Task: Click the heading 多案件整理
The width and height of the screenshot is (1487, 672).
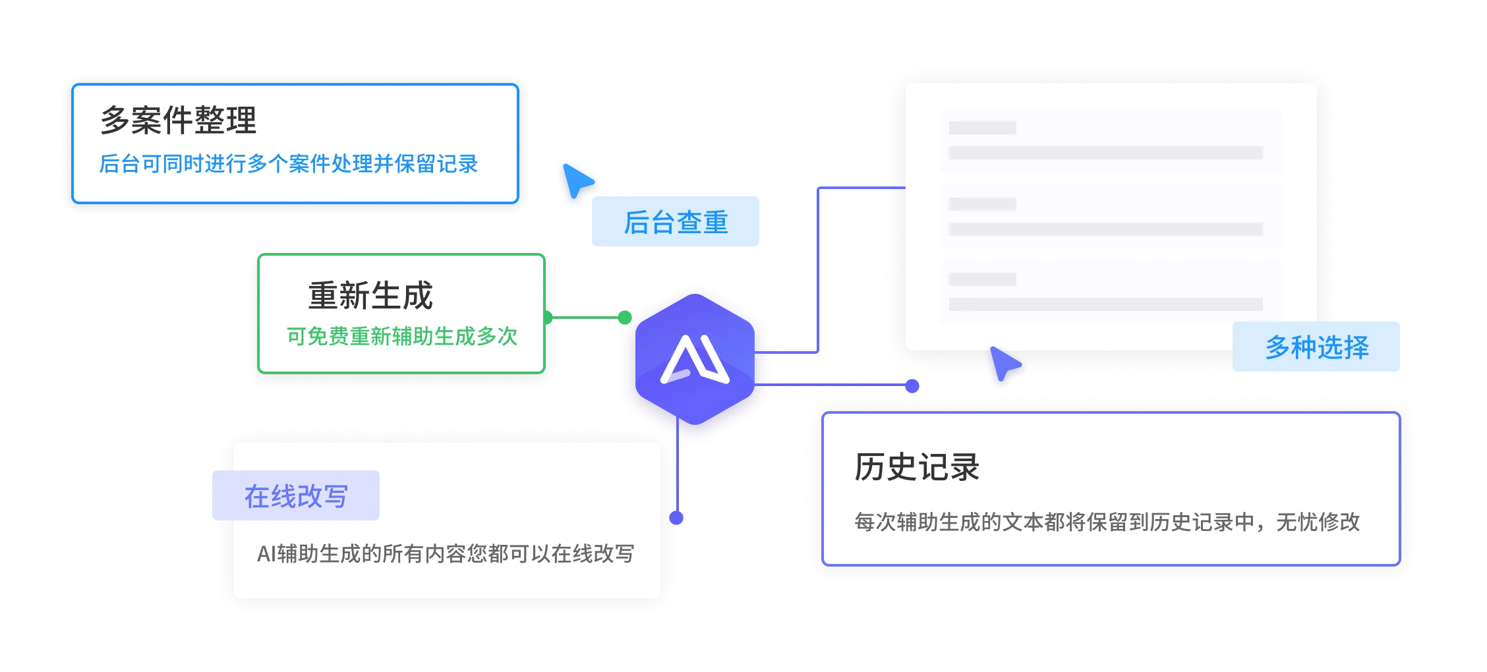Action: click(x=178, y=120)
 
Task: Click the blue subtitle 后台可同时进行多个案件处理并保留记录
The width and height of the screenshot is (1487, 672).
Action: click(x=289, y=163)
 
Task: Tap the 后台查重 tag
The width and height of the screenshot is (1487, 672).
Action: click(x=676, y=221)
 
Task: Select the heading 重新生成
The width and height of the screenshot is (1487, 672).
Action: click(x=370, y=295)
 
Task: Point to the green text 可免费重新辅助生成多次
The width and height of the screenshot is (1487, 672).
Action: click(x=402, y=336)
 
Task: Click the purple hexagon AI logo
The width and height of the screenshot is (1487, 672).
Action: click(x=695, y=359)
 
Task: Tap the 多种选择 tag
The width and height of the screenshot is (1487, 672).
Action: click(x=1316, y=347)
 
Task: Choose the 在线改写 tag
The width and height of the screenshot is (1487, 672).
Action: click(x=296, y=495)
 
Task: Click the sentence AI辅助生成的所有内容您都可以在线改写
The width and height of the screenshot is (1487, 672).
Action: click(x=446, y=553)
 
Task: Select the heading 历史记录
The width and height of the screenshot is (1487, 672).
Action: click(x=917, y=467)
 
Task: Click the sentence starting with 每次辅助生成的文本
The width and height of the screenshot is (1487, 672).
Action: click(x=1107, y=522)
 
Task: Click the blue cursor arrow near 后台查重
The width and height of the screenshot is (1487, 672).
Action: click(x=577, y=180)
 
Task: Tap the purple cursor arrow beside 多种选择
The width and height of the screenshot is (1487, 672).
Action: click(x=1005, y=363)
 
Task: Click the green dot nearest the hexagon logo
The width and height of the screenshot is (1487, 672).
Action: click(x=625, y=318)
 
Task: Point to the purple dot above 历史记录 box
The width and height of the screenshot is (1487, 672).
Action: click(x=912, y=386)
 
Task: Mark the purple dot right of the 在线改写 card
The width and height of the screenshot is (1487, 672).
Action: click(x=676, y=518)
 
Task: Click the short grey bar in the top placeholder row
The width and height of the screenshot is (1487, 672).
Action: click(x=982, y=128)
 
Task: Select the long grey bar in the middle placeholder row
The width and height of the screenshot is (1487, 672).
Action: click(x=1105, y=229)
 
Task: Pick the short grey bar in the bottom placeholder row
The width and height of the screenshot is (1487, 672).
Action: click(x=982, y=279)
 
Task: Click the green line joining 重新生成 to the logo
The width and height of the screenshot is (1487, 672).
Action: click(x=585, y=318)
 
